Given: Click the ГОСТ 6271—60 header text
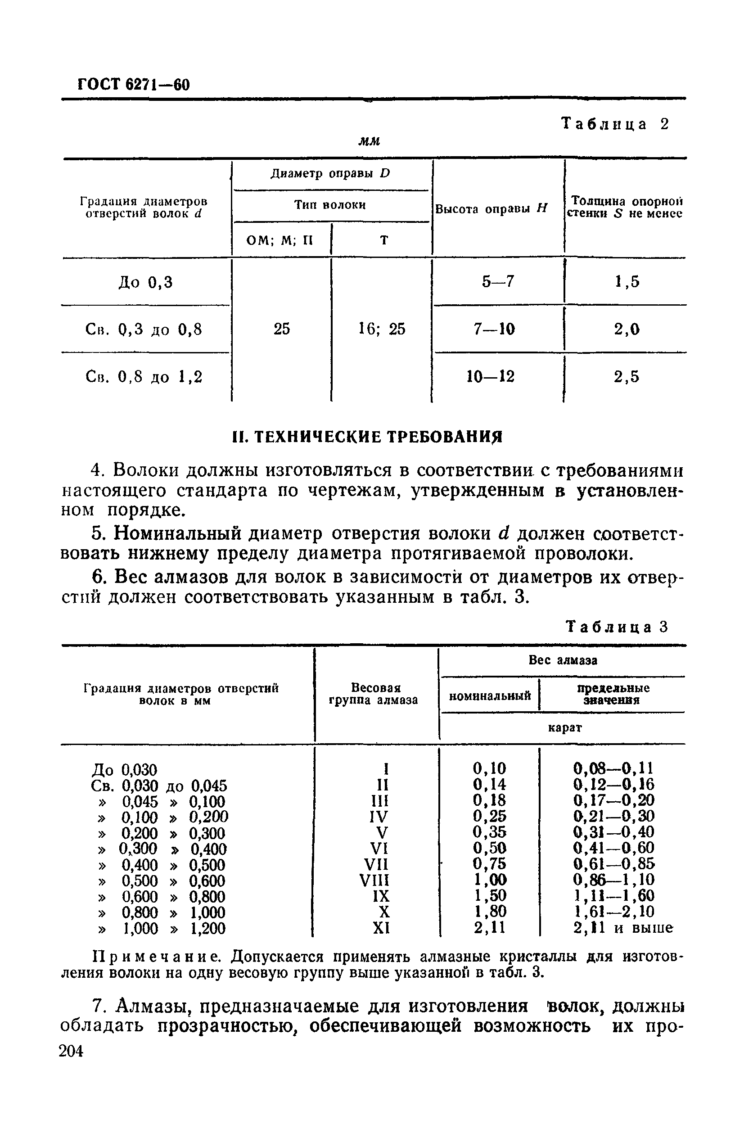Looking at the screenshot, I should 133,85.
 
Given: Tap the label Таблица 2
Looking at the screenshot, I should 615,124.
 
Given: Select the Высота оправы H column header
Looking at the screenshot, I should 491,209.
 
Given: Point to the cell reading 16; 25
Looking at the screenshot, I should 382,329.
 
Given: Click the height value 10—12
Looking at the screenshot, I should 491,377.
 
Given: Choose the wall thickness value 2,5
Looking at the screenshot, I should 627,377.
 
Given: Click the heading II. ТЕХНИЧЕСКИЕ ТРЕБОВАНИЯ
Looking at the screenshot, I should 367,437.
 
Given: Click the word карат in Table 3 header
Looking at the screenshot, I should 564,728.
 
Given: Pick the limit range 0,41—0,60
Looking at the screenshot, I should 613,848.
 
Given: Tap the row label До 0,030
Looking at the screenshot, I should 124,770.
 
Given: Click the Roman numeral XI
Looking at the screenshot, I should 381,928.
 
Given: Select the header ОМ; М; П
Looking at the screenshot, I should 279,239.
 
